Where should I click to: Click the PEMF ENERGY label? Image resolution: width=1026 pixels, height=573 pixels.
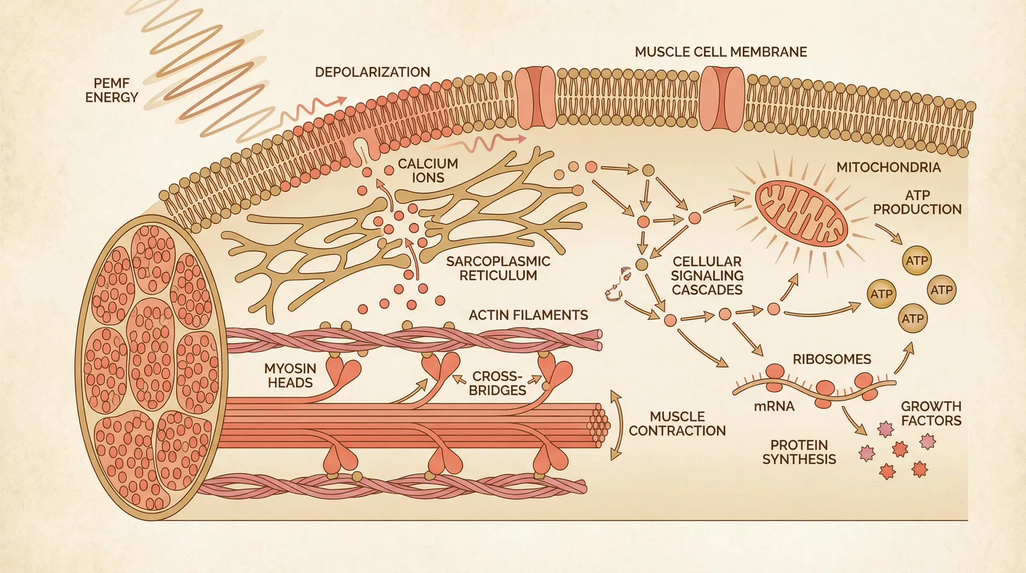pyautogui.click(x=112, y=90)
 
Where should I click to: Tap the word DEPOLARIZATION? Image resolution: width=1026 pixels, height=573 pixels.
pyautogui.click(x=372, y=72)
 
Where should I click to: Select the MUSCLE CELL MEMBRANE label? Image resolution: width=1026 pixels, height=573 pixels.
pyautogui.click(x=721, y=52)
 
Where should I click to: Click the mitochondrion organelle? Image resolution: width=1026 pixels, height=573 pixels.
pyautogui.click(x=801, y=213)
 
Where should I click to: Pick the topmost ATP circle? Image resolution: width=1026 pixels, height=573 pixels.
pyautogui.click(x=916, y=261)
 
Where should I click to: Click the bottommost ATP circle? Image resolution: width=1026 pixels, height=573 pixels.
pyautogui.click(x=913, y=319)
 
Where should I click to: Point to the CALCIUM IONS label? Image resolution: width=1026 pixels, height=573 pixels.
pyautogui.click(x=428, y=171)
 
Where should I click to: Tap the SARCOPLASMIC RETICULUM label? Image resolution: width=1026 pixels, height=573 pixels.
pyautogui.click(x=498, y=268)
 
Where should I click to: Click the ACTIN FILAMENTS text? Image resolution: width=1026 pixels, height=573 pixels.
pyautogui.click(x=528, y=315)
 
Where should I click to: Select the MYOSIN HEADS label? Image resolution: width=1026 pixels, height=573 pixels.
pyautogui.click(x=290, y=375)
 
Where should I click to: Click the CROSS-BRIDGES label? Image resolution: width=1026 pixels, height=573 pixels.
pyautogui.click(x=497, y=383)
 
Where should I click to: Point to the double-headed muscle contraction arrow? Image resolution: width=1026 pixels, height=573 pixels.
pyautogui.click(x=616, y=425)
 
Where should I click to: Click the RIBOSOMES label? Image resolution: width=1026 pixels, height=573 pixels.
pyautogui.click(x=831, y=359)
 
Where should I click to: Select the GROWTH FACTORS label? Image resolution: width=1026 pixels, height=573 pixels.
pyautogui.click(x=931, y=413)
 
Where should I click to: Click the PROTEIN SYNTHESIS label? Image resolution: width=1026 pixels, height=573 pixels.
pyautogui.click(x=799, y=452)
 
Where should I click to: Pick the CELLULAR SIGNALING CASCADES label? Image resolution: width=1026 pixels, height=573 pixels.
pyautogui.click(x=707, y=276)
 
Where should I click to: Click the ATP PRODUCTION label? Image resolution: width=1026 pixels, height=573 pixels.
pyautogui.click(x=917, y=202)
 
